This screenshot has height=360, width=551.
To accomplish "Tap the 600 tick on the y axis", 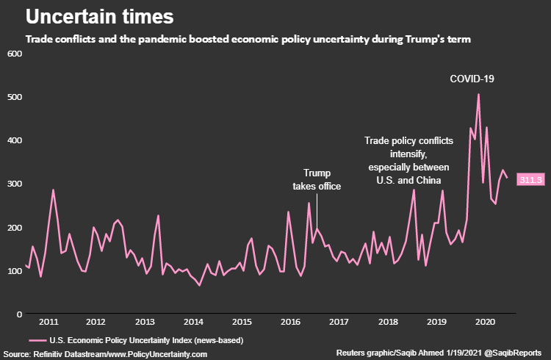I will [14, 54].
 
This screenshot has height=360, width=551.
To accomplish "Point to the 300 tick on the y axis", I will [14, 184].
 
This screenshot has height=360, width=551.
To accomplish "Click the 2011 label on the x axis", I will [48, 322].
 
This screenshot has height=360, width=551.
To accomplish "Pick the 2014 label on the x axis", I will [193, 322].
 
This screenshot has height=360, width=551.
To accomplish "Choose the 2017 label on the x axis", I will [338, 322].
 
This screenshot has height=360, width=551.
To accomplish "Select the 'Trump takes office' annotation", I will [317, 179].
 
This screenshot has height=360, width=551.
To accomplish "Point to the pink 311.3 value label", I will [530, 179].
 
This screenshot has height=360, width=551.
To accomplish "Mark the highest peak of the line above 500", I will [478, 94].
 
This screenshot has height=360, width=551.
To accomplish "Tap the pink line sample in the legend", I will [39, 340].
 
